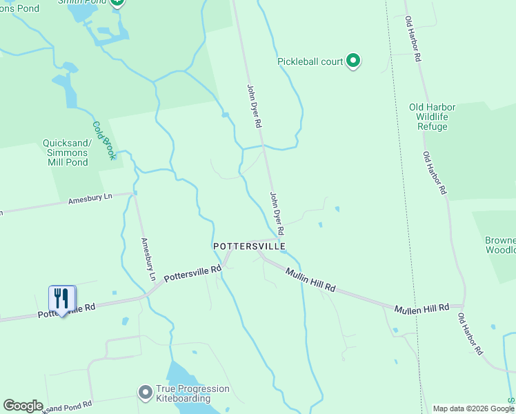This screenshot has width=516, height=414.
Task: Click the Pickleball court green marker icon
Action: pyautogui.click(x=353, y=61)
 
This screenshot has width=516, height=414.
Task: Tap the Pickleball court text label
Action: pyautogui.click(x=310, y=61)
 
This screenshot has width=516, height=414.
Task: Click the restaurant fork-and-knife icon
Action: pyautogui.click(x=62, y=299)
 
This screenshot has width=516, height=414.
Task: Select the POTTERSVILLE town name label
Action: pyautogui.click(x=249, y=246)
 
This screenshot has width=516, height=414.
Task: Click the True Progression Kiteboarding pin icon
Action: pyautogui.click(x=145, y=393)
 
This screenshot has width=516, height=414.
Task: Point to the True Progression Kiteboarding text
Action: pyautogui.click(x=192, y=394)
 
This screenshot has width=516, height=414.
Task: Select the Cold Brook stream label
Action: pyautogui.click(x=104, y=141)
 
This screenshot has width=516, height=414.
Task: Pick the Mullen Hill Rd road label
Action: pyautogui.click(x=421, y=307)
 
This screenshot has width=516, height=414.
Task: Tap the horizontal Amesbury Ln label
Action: pyautogui.click(x=90, y=199)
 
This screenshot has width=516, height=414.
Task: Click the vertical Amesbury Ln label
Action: pyautogui.click(x=148, y=259)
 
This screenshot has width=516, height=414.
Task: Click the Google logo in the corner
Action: pyautogui.click(x=23, y=406)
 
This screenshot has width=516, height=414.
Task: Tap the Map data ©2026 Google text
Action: pyautogui.click(x=473, y=408)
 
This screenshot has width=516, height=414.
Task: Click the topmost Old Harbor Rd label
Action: pyautogui.click(x=413, y=40)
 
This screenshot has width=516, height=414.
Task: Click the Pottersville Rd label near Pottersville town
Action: pyautogui.click(x=192, y=274)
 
